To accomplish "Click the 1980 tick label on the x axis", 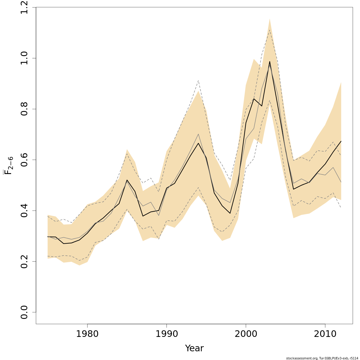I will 87,334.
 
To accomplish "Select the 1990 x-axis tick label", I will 166,334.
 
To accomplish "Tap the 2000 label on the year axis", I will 246,334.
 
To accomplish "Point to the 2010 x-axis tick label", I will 325,334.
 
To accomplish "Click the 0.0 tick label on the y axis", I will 25,312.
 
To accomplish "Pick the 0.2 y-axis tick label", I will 25,261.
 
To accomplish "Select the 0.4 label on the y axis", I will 25,211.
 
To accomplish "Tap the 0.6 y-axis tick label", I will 25,160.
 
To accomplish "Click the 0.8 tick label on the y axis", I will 25,109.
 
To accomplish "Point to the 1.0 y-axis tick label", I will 25,58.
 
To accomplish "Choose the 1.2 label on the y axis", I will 25,7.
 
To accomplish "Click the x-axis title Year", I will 194,348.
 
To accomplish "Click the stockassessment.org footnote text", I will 322,358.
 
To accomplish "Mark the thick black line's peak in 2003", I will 270,61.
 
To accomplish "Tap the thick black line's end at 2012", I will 341,141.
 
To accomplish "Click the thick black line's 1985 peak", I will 127,180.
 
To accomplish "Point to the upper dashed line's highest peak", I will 270,30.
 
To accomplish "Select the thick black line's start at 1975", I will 48,237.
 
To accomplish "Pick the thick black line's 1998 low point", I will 230,213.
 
